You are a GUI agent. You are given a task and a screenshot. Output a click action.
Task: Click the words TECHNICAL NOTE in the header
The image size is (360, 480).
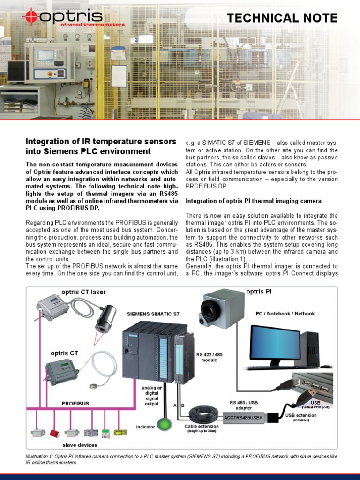[282, 18]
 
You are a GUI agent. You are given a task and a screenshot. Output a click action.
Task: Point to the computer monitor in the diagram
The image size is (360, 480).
[275, 343]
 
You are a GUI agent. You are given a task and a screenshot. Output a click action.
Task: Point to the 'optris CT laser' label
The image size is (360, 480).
[82, 292]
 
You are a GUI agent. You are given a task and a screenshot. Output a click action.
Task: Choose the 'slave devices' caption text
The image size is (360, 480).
[80, 445]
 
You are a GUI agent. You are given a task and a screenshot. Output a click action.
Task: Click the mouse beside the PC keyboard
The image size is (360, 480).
[326, 366]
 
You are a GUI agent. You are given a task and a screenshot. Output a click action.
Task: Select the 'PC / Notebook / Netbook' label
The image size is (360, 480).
[285, 313]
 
